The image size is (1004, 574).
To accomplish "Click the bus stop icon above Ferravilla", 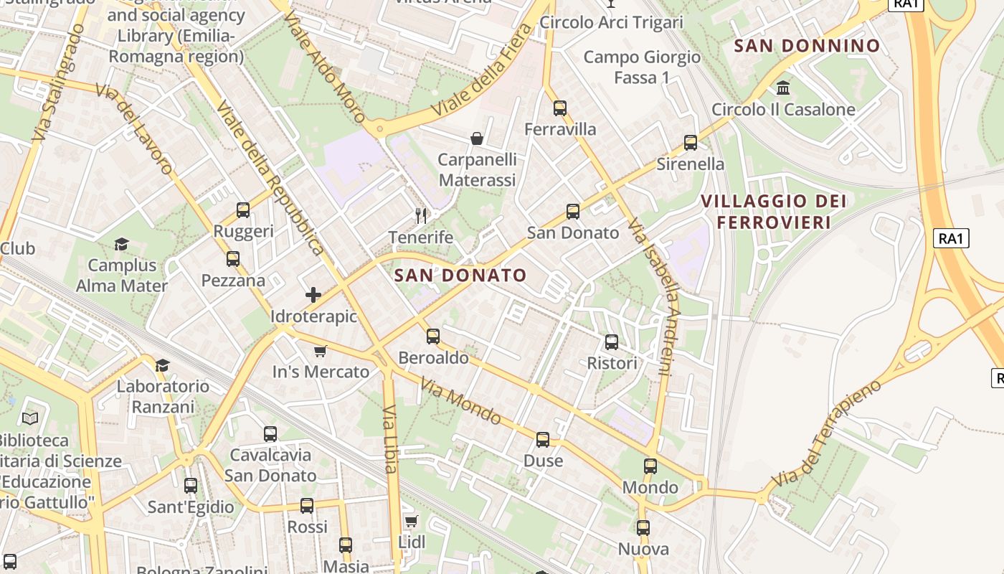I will pos(560,108).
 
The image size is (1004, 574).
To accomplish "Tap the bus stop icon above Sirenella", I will pos(691,143).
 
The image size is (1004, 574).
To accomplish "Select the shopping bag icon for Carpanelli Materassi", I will pos(477,138).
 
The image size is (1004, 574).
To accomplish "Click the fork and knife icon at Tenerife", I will pos(421,215).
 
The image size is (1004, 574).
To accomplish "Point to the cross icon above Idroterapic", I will pos(313,295).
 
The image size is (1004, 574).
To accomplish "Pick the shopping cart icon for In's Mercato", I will pos(321,351).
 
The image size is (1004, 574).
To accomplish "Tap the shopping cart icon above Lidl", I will pos(411,521).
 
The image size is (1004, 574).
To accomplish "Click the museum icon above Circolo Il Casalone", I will pos(783,88).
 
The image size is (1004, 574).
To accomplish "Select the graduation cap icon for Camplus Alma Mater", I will pos(121,245).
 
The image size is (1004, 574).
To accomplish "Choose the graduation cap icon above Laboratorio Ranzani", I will pos(163,365).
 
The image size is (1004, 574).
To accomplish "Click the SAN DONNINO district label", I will pos(808,46).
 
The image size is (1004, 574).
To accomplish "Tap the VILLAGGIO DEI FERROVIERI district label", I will pos(774,212).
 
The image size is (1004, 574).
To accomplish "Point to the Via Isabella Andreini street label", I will pos(650,298).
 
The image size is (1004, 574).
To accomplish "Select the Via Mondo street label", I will pos(460,401).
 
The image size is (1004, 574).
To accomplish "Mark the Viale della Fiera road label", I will pos(483,71).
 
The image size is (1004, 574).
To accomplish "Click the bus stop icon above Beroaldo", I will pos(433,337).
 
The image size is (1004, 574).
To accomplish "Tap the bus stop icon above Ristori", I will pos(612,342).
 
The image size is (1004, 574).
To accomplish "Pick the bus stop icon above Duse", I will pos(543,440).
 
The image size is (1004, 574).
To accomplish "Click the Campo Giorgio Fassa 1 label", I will pos(641,67).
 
